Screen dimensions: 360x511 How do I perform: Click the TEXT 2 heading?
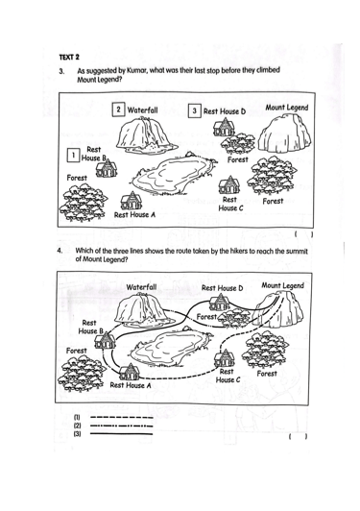[69, 58]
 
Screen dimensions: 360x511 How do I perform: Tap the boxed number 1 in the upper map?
[74, 156]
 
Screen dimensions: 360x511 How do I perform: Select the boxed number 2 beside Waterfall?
[118, 109]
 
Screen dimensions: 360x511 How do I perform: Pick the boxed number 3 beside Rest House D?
[195, 110]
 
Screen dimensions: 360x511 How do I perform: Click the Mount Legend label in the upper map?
[287, 108]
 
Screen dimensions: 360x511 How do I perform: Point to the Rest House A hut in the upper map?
[132, 201]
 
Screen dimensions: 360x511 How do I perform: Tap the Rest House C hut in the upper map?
[229, 185]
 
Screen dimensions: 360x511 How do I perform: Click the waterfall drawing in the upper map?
[142, 134]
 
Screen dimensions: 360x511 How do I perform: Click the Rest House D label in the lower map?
[222, 288]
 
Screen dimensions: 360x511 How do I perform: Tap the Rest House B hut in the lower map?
[105, 340]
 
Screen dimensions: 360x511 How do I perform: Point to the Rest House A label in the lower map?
[131, 385]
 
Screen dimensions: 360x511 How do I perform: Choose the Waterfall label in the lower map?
[141, 287]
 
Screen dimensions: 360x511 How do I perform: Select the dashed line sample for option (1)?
[121, 418]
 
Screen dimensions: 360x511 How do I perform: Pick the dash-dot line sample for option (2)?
[121, 426]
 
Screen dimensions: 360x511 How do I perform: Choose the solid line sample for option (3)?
[121, 434]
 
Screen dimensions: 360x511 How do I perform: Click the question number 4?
[60, 251]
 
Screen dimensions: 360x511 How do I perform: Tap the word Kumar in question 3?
[136, 71]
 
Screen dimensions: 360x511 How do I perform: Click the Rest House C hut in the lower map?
[225, 358]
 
